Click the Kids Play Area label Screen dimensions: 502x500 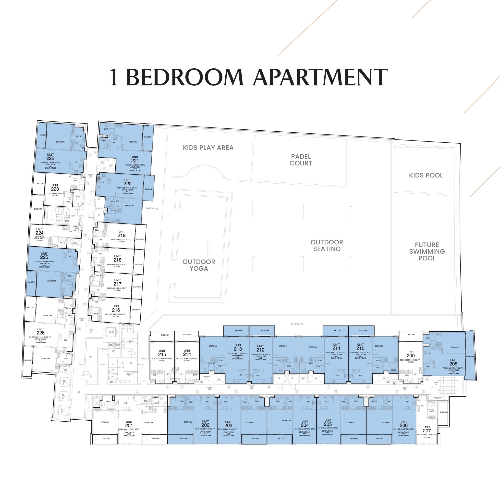click(x=208, y=148)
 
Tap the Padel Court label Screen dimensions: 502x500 click(x=301, y=160)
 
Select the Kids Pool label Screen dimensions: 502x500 click(x=426, y=176)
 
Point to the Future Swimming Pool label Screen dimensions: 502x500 click(x=427, y=251)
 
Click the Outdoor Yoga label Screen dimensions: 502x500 click(x=199, y=265)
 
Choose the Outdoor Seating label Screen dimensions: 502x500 click(x=327, y=246)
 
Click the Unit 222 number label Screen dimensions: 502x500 click(x=50, y=158)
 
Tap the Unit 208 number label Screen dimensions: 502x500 click(x=453, y=364)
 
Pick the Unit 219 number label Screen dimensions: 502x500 click(x=122, y=235)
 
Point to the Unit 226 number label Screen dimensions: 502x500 click(x=40, y=333)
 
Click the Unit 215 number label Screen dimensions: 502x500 click(x=162, y=354)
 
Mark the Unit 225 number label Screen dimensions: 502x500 click(x=44, y=257)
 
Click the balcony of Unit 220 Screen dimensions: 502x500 click(x=149, y=189)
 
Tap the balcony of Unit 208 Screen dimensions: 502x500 click(x=470, y=356)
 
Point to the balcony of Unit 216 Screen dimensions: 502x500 click(x=135, y=310)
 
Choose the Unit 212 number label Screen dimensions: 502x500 click(x=260, y=350)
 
